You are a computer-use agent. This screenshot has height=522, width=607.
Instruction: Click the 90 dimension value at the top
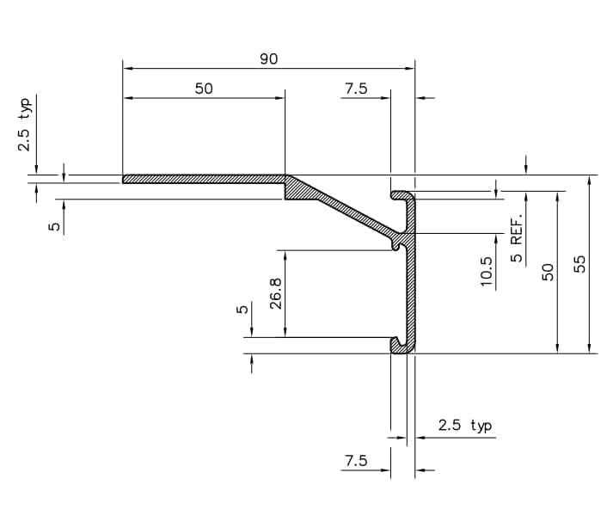(x=268, y=58)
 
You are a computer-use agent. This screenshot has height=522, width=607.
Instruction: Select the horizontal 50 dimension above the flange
(x=204, y=88)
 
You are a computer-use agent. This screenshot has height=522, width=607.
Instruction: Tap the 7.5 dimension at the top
(x=356, y=88)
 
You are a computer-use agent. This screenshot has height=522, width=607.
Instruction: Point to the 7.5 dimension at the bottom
(x=356, y=461)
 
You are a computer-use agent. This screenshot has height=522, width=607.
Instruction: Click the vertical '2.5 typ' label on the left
(x=25, y=126)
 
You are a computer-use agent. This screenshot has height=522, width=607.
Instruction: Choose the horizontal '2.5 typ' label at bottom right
(x=464, y=425)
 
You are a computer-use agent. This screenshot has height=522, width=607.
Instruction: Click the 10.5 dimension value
(x=487, y=272)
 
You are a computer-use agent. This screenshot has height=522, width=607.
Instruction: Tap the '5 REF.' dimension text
(x=517, y=243)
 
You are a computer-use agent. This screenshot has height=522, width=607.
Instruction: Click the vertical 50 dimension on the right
(x=547, y=272)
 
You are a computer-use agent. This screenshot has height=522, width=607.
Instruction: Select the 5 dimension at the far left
(x=54, y=226)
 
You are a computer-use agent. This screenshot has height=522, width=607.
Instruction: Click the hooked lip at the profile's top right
(x=401, y=196)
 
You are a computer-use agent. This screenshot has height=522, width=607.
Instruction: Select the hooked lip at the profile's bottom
(x=401, y=346)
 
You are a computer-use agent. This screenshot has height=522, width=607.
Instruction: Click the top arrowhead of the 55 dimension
(x=590, y=180)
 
